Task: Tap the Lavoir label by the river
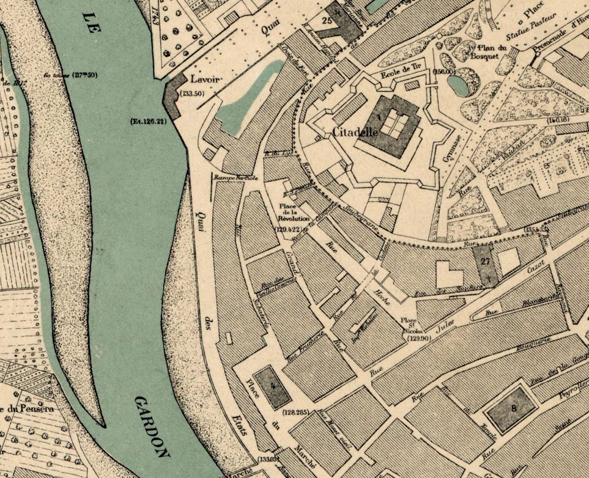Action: coord(204,79)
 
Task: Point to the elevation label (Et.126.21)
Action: coord(149,120)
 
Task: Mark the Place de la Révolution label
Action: coord(294,211)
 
